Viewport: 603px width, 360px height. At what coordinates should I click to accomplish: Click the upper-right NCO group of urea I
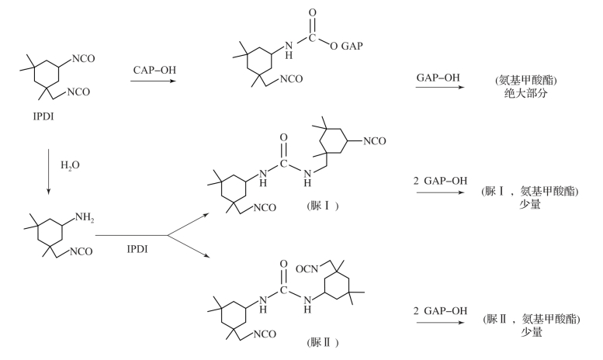[376, 141]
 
